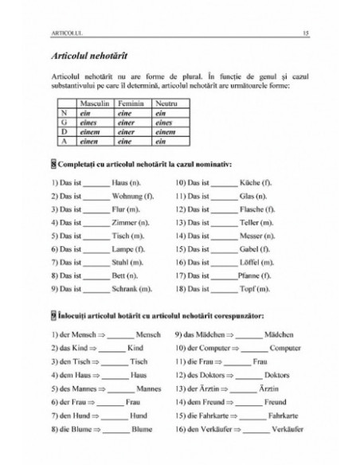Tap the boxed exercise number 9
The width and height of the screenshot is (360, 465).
pos(53,315)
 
